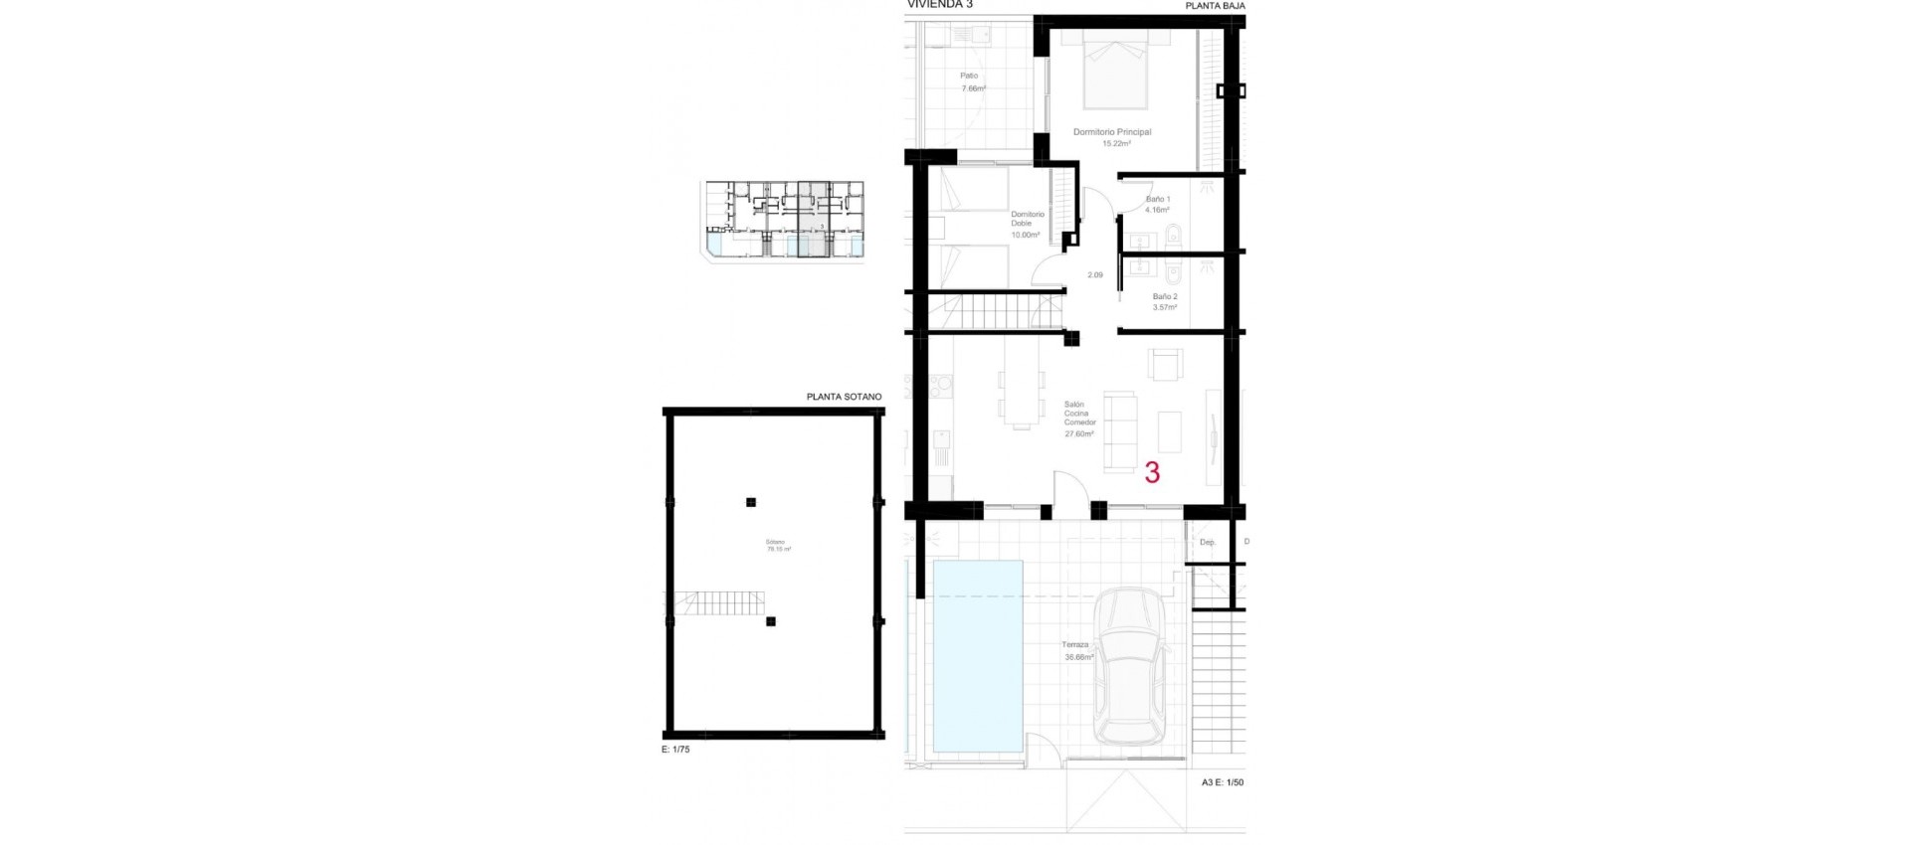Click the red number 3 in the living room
point(1152,472)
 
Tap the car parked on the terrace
point(1129,666)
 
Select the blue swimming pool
point(978,656)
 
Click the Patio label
point(969,76)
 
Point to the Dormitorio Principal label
point(1111,132)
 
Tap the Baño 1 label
point(1157,200)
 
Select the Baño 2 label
point(1165,297)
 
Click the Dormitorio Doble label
point(1028,219)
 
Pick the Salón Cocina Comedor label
point(1076,414)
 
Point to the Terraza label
point(1075,645)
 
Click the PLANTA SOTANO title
point(844,397)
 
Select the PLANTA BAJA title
point(1215,6)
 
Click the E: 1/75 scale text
point(675,750)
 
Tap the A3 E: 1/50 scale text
point(1222,782)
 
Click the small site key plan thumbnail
point(783,220)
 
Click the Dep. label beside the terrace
point(1208,543)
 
